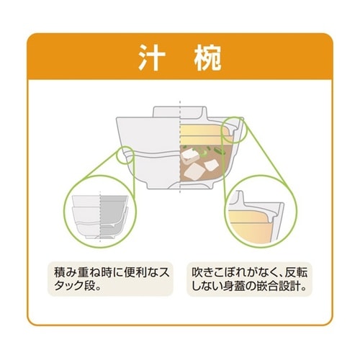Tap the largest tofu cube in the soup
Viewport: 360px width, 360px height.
click(194, 171)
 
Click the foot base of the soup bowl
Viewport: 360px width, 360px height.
click(179, 186)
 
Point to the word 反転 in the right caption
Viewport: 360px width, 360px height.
click(295, 272)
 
